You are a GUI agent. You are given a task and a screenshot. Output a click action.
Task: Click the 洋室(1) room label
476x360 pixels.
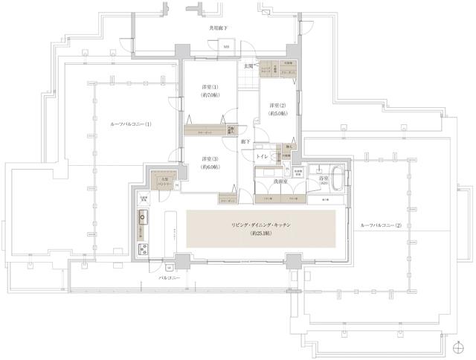[x=208, y=87]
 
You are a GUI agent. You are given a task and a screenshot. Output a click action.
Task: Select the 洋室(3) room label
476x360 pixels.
[x=208, y=160]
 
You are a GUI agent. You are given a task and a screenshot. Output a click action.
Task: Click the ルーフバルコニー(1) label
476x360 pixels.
[x=130, y=124]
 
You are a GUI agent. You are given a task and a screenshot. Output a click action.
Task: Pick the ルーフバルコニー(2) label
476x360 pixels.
[x=380, y=225]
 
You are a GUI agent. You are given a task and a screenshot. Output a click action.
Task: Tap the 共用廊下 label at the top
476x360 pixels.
[x=218, y=28]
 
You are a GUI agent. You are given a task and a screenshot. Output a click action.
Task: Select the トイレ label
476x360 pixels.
[x=262, y=157]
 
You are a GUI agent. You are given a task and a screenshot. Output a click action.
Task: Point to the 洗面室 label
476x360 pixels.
[x=280, y=181]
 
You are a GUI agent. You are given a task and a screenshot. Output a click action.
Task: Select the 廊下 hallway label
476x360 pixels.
[x=245, y=141]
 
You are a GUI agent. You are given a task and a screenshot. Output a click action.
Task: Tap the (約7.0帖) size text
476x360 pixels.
[x=208, y=96]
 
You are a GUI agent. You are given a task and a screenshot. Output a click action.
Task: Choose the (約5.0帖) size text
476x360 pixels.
[x=279, y=115]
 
